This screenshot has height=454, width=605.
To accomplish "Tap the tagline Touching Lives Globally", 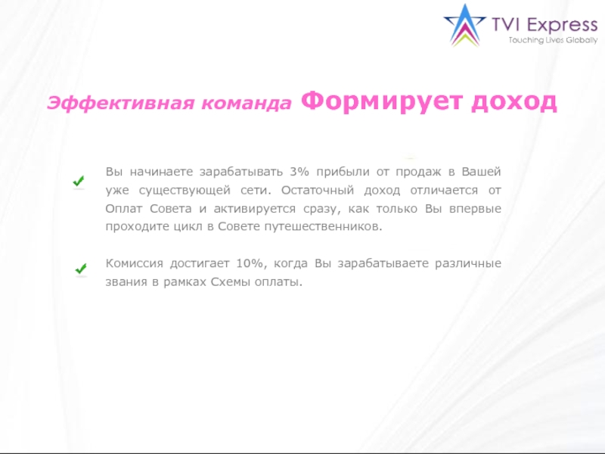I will click(553, 39).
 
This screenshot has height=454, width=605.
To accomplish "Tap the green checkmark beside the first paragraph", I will click(77, 182).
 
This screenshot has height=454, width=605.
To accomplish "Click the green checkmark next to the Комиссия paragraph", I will click(80, 269).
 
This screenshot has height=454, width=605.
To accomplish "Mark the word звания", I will click(125, 281).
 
